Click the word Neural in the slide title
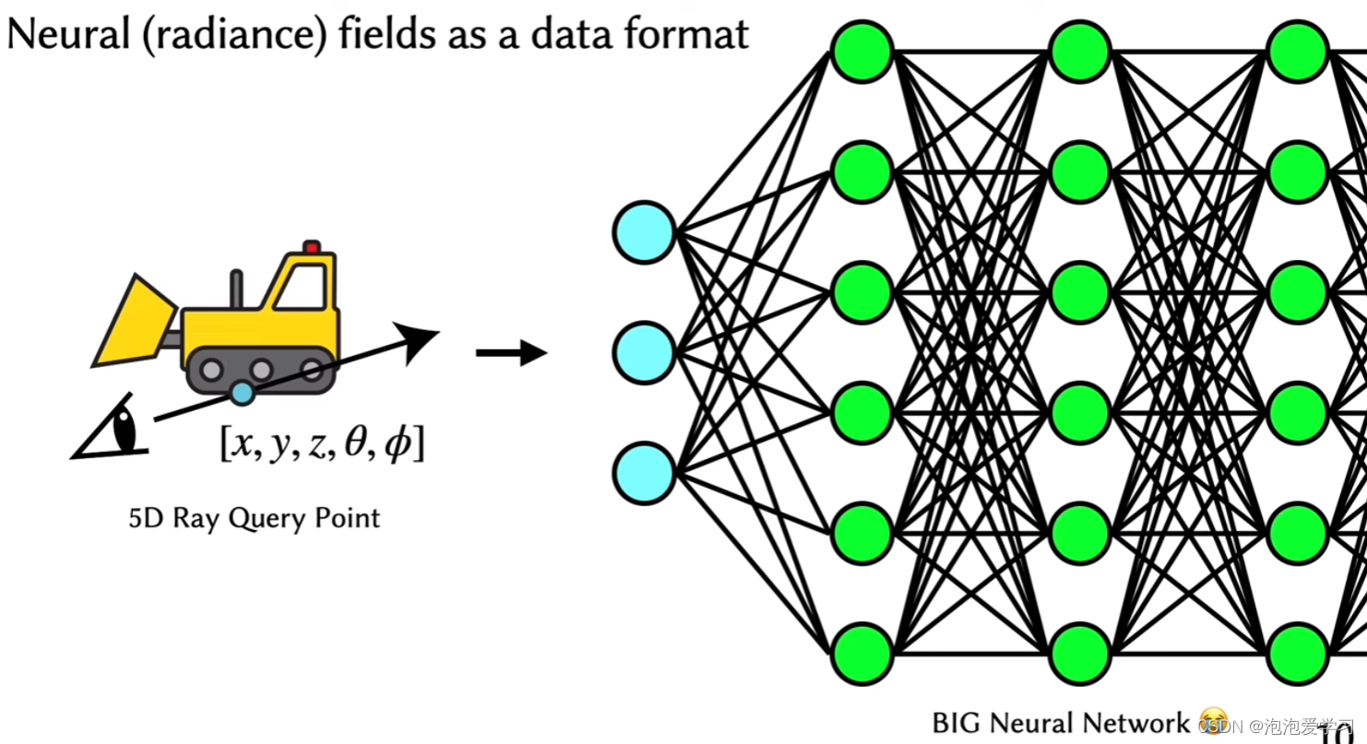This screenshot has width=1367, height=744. tap(65, 35)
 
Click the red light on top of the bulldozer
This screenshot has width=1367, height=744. tap(312, 247)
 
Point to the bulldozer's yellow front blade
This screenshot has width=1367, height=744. tap(133, 322)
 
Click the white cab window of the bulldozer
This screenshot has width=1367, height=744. tap(302, 287)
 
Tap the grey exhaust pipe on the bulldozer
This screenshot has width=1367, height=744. tap(236, 289)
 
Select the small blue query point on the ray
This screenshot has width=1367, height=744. tap(242, 394)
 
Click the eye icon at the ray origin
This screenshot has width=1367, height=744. tap(114, 432)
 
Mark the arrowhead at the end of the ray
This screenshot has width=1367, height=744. tap(420, 340)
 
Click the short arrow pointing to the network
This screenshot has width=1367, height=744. tap(512, 352)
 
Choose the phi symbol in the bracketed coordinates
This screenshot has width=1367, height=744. tap(398, 445)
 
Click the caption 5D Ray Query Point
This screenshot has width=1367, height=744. tap(254, 518)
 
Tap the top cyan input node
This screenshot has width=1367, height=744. tap(644, 232)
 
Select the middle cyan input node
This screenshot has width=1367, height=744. tap(644, 352)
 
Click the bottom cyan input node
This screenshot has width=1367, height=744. tap(644, 474)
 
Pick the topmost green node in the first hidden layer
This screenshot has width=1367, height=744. tap(862, 51)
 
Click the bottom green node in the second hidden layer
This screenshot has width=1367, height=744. tap(1080, 654)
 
